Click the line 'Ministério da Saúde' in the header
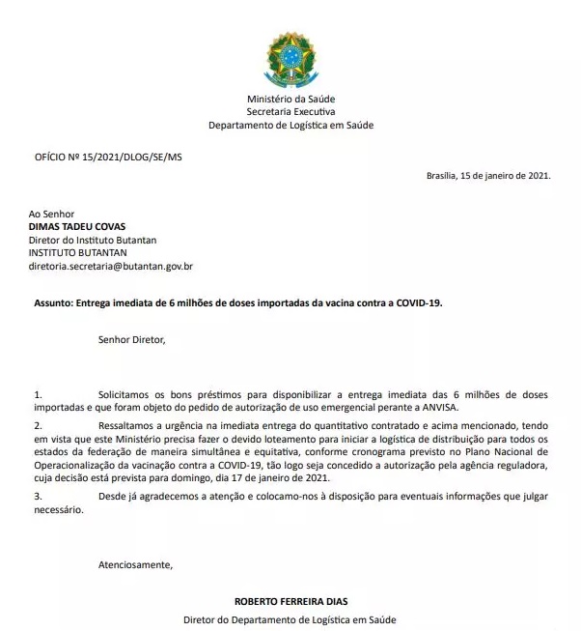(290, 100)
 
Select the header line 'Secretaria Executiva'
(290, 112)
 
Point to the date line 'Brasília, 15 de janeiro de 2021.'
(488, 176)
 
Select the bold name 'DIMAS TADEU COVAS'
(77, 226)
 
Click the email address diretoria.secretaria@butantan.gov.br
(111, 265)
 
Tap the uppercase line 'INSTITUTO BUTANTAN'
(78, 252)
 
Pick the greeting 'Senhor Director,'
(131, 339)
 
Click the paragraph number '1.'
(38, 396)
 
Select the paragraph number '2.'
(38, 425)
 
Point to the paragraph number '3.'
(38, 497)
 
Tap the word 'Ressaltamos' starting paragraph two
(127, 425)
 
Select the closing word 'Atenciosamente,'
(135, 564)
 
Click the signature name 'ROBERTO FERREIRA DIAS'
(290, 601)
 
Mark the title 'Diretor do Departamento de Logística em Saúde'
(290, 619)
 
